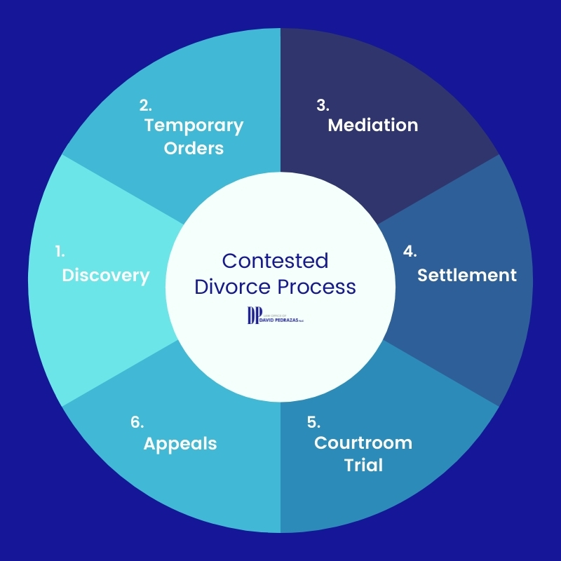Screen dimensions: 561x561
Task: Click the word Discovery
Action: [106, 276]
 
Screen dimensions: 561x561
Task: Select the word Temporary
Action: [194, 126]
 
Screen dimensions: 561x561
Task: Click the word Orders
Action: [194, 149]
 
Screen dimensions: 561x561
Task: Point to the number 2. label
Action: [145, 105]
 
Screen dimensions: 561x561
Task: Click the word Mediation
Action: [373, 126]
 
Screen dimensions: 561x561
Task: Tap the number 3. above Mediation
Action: [323, 105]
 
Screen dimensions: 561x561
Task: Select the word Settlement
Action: [467, 275]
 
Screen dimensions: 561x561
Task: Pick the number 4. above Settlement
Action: [410, 250]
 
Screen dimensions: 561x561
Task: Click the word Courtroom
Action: [363, 443]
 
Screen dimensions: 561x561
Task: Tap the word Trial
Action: [363, 465]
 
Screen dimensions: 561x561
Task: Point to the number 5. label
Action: [313, 422]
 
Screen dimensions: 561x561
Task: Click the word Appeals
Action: [180, 444]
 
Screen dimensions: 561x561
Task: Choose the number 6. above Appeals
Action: [137, 422]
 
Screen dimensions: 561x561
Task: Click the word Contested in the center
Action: [275, 261]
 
